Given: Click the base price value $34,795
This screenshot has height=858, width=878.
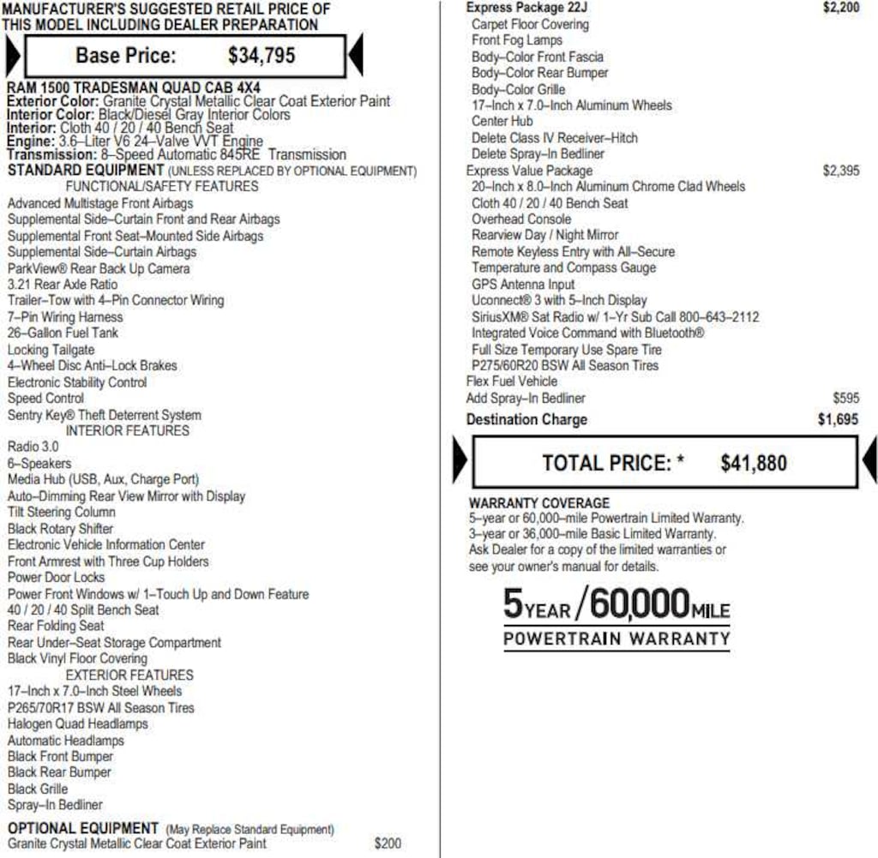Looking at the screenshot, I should pyautogui.click(x=262, y=57).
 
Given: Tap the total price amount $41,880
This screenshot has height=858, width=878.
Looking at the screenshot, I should pyautogui.click(x=754, y=464).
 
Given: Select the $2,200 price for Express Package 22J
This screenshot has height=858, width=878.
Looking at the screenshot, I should pyautogui.click(x=841, y=8).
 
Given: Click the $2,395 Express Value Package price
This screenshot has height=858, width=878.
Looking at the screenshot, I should pyautogui.click(x=840, y=171).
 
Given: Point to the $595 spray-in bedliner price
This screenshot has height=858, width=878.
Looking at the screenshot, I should pyautogui.click(x=845, y=398).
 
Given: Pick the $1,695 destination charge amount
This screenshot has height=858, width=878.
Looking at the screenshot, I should pyautogui.click(x=838, y=420).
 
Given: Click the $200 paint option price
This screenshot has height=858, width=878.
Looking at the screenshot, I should pyautogui.click(x=388, y=843).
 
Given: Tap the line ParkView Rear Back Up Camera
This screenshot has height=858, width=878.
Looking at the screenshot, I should pyautogui.click(x=99, y=268).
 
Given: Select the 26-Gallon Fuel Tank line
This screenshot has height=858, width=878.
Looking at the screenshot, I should pyautogui.click(x=63, y=333).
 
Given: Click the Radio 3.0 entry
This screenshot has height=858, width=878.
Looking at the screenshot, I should pyautogui.click(x=33, y=447).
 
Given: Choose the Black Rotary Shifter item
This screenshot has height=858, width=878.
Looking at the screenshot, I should pyautogui.click(x=60, y=529).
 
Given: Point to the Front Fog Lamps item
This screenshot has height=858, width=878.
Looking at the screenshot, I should pyautogui.click(x=517, y=40).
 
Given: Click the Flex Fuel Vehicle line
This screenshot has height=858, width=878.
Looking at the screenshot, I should pyautogui.click(x=512, y=381).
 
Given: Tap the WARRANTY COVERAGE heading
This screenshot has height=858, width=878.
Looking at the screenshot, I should pyautogui.click(x=539, y=503).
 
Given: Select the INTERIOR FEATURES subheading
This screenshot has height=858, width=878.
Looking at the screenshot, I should pyautogui.click(x=128, y=430).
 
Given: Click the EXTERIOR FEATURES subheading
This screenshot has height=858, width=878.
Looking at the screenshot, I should pyautogui.click(x=129, y=675).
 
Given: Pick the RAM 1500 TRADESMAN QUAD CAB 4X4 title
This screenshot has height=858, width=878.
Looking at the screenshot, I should pyautogui.click(x=133, y=87).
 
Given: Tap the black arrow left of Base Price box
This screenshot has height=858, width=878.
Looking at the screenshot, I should pyautogui.click(x=12, y=57).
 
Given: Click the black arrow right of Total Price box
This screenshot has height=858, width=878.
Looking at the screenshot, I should pyautogui.click(x=869, y=462).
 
